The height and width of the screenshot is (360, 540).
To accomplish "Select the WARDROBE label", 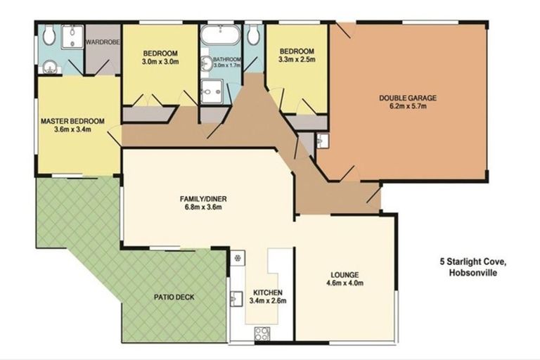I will pyautogui.click(x=102, y=41).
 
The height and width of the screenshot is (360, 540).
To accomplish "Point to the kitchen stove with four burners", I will pyautogui.click(x=262, y=333).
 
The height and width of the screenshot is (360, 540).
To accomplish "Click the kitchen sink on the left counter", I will pyautogui.click(x=236, y=298).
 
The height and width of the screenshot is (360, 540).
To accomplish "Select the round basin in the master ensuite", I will pyautogui.click(x=48, y=67).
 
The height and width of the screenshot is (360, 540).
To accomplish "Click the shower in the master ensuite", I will pyautogui.click(x=70, y=39).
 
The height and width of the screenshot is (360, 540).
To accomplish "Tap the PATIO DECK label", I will pyautogui.click(x=174, y=297).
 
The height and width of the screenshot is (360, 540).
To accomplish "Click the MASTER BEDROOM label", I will pyautogui.click(x=72, y=121).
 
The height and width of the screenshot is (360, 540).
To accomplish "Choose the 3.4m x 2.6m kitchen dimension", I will pyautogui.click(x=268, y=301).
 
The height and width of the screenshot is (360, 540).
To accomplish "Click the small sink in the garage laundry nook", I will pyautogui.click(x=322, y=141).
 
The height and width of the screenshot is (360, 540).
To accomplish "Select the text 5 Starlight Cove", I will pyautogui.click(x=470, y=262).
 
